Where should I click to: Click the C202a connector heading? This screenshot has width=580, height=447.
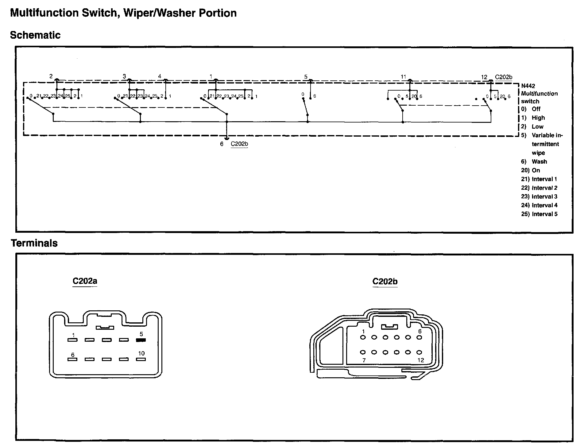(x=85, y=281)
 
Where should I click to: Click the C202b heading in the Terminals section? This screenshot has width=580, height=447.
(x=385, y=282)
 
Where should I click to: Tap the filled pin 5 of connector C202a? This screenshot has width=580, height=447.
(x=141, y=340)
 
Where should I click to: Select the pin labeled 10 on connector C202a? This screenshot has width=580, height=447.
(x=141, y=359)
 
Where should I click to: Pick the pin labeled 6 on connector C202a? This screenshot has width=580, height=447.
(x=72, y=359)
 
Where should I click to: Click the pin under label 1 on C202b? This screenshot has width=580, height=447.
(x=363, y=337)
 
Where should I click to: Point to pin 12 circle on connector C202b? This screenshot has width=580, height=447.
(x=419, y=352)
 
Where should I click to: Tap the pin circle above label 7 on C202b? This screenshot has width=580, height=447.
(x=363, y=352)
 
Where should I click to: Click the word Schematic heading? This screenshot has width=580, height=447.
(x=35, y=35)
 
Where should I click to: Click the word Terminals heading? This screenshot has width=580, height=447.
(x=34, y=243)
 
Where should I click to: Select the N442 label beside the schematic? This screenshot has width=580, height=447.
(x=528, y=86)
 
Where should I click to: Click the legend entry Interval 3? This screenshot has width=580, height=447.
(x=539, y=196)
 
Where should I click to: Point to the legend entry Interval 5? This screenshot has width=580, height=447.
(x=539, y=214)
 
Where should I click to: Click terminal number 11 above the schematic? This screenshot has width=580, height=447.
(x=403, y=77)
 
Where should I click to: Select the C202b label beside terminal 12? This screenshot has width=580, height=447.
(x=504, y=77)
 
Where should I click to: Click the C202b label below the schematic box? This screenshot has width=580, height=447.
(x=239, y=144)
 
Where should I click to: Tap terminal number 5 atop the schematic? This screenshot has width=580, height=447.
(x=306, y=77)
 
